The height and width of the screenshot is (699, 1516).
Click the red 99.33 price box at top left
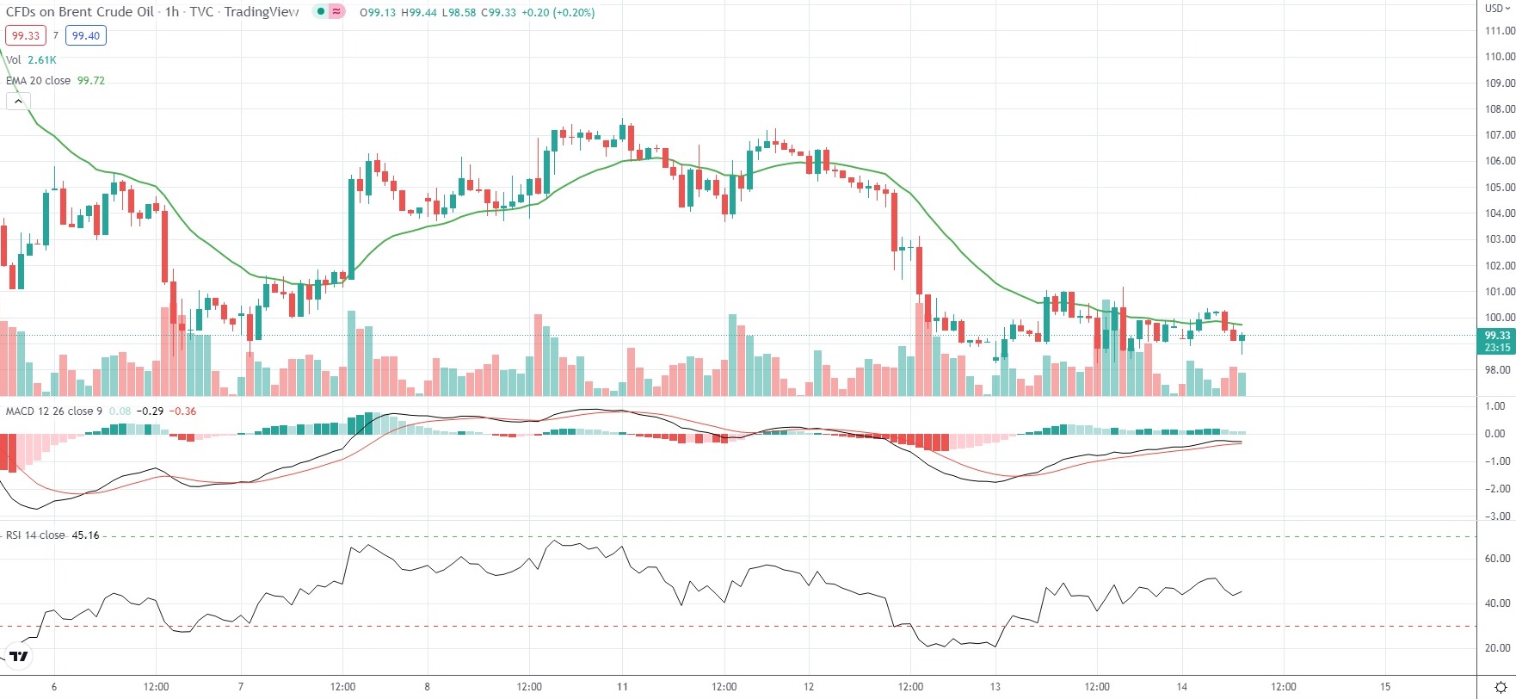pyautogui.click(x=25, y=35)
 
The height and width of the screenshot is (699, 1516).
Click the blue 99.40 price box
pyautogui.click(x=86, y=35)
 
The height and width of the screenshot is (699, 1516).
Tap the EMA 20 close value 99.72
pyautogui.click(x=91, y=80)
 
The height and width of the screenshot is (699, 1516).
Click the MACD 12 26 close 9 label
pyautogui.click(x=53, y=411)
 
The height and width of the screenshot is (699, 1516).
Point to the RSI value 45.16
pyautogui.click(x=85, y=535)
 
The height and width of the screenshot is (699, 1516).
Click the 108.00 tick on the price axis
pyautogui.click(x=1500, y=109)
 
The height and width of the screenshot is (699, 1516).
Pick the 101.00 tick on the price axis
pyautogui.click(x=1500, y=292)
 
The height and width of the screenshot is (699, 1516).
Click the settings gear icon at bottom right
pyautogui.click(x=1501, y=687)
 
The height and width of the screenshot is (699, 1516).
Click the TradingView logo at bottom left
pyautogui.click(x=18, y=657)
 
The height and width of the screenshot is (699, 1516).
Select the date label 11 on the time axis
pyautogui.click(x=622, y=687)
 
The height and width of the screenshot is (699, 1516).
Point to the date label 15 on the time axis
pyautogui.click(x=1384, y=687)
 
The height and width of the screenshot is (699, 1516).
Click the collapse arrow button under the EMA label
pyautogui.click(x=18, y=102)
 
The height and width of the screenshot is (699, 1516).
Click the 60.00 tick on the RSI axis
pyautogui.click(x=1498, y=559)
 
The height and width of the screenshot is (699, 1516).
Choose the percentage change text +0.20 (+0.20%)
pyautogui.click(x=558, y=13)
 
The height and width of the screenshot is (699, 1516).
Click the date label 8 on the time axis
pyautogui.click(x=427, y=687)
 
